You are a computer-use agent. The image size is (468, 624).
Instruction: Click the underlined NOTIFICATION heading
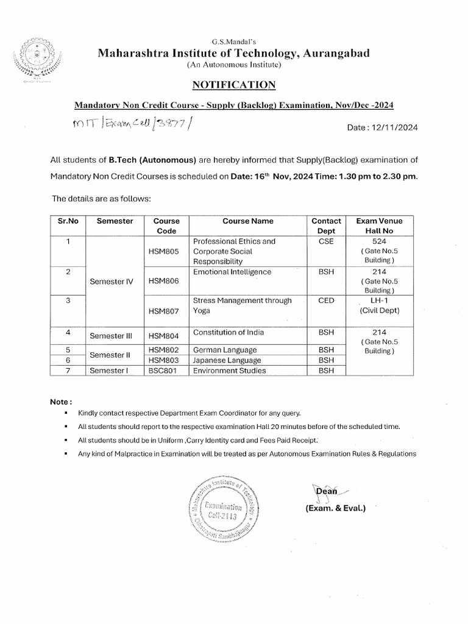234,84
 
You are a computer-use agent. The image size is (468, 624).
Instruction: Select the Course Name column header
247,221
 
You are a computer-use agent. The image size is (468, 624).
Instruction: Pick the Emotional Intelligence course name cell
232,272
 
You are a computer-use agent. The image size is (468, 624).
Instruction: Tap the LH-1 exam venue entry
380,300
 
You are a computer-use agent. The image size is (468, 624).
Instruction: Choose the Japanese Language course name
225,360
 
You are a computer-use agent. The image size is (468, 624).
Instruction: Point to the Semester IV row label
111,282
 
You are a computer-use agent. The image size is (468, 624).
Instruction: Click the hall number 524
380,241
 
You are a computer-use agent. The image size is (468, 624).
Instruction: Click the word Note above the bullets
60,402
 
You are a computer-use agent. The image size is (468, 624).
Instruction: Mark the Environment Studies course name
229,370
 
